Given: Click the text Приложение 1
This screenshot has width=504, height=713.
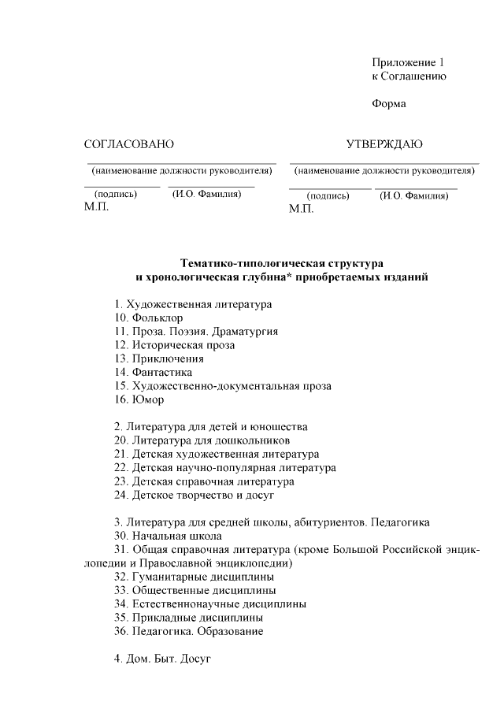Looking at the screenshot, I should (409, 62).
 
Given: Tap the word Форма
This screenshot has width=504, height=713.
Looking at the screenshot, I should (388, 104).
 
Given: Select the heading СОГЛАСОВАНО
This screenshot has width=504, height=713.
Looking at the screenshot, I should (128, 144).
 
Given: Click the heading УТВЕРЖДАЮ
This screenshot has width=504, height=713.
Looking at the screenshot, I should (384, 144).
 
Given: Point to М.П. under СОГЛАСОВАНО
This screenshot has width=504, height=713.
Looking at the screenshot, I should (96, 206).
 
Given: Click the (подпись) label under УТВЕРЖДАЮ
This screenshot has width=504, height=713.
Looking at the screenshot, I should (328, 196).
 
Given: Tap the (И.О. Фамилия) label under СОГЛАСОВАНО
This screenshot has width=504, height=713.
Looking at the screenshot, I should (206, 194).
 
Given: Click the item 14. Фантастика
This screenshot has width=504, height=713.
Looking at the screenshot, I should (153, 372).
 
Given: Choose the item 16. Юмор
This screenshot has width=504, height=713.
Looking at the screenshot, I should (139, 399).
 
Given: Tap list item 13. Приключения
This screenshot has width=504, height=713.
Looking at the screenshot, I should (158, 358).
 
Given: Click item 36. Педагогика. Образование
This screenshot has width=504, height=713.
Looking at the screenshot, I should (188, 631).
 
